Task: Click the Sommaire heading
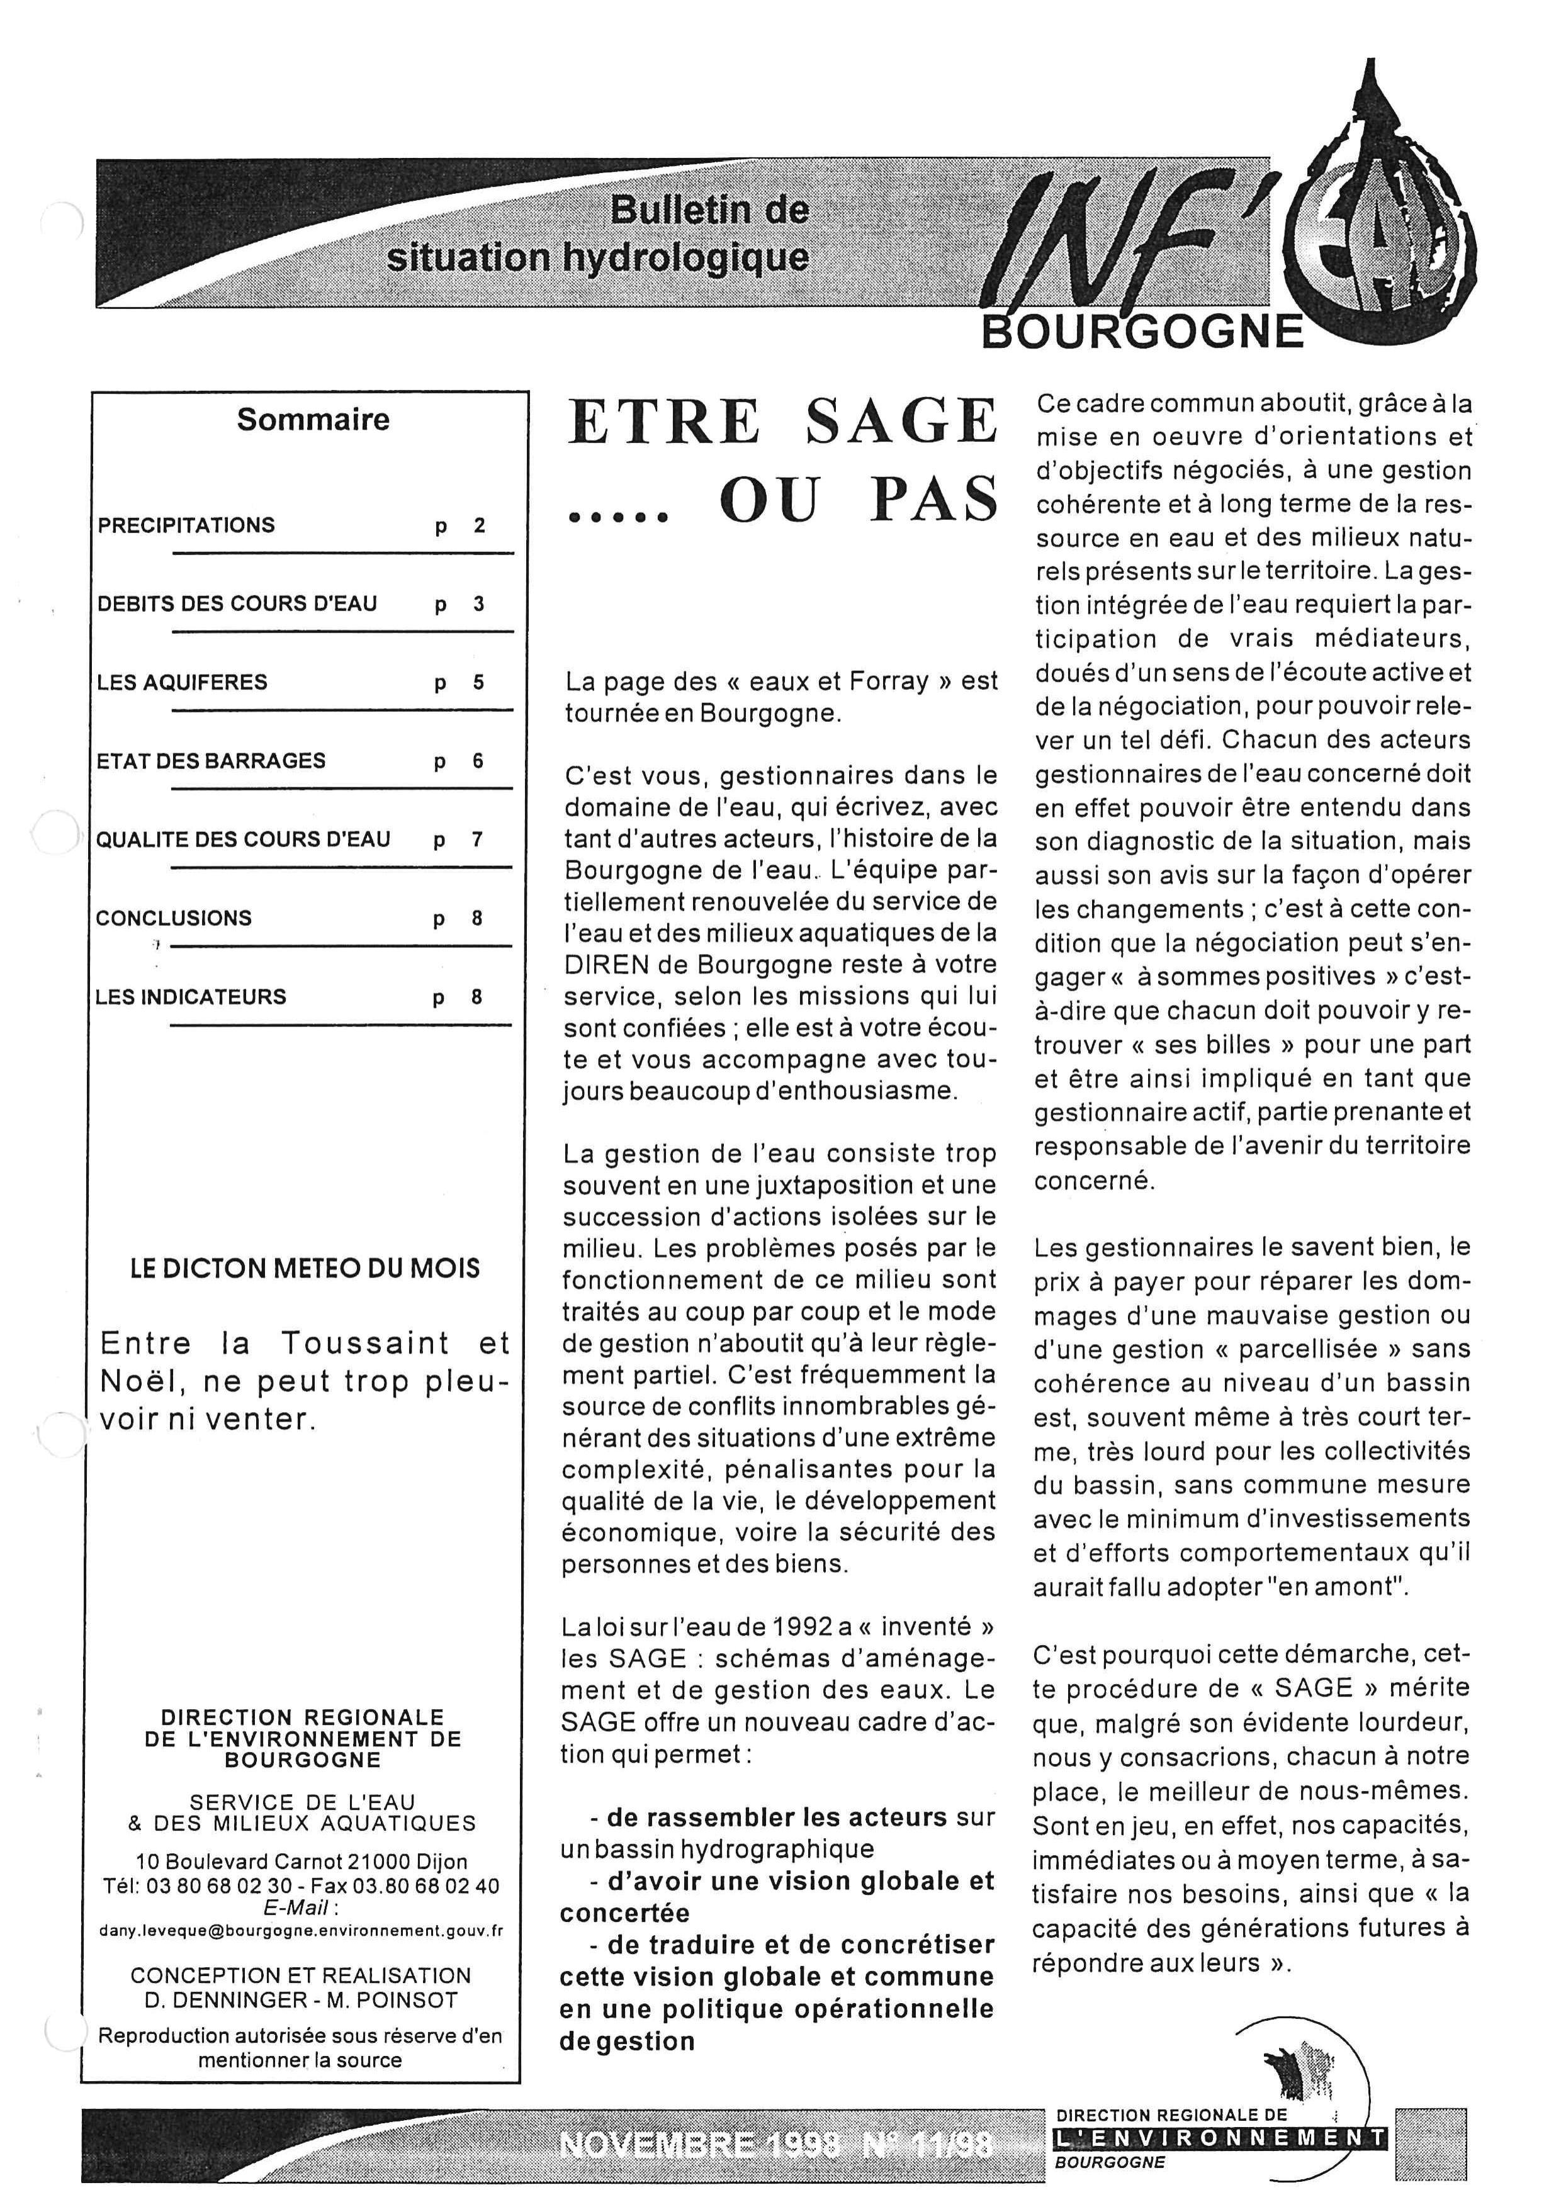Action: (x=313, y=420)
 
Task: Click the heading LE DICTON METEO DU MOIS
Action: (x=305, y=1269)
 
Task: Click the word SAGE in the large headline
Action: (x=901, y=422)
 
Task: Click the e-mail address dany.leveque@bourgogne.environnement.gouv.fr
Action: (x=301, y=1930)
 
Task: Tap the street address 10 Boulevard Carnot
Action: (x=233, y=1862)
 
